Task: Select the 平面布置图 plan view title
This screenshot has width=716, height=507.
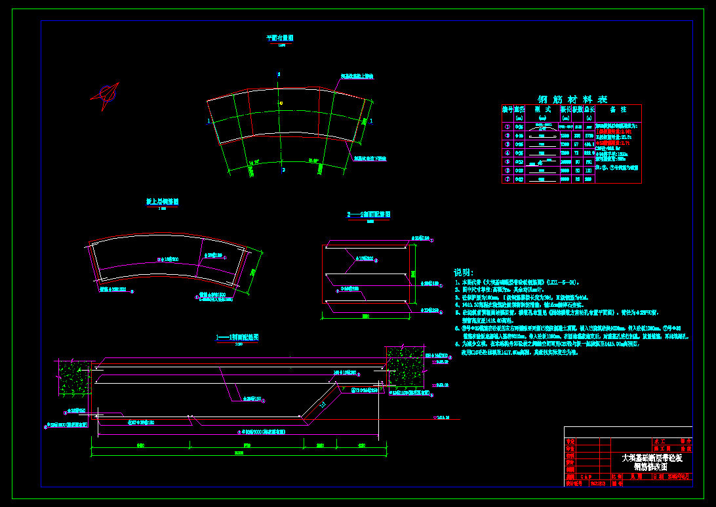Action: [280, 38]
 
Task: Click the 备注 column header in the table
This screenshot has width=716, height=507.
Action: [618, 110]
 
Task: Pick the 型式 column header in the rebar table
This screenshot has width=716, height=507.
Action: [542, 110]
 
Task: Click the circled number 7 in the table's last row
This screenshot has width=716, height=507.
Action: [507, 178]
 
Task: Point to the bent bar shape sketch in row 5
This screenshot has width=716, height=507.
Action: [542, 161]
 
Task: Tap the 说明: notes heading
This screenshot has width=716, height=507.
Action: [464, 272]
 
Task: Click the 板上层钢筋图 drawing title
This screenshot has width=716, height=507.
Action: [162, 202]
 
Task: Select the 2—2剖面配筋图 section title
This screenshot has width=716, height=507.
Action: [369, 214]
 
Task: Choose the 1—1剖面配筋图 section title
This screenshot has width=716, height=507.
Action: [237, 336]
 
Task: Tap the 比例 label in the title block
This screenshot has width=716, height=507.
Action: [617, 477]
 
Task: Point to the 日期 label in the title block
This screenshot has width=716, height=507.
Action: [658, 477]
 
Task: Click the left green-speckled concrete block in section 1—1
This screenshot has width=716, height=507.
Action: [74, 378]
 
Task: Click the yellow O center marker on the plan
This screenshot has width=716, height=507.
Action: [281, 103]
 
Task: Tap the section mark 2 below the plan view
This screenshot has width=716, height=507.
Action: [284, 169]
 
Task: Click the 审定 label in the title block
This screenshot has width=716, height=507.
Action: [570, 442]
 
